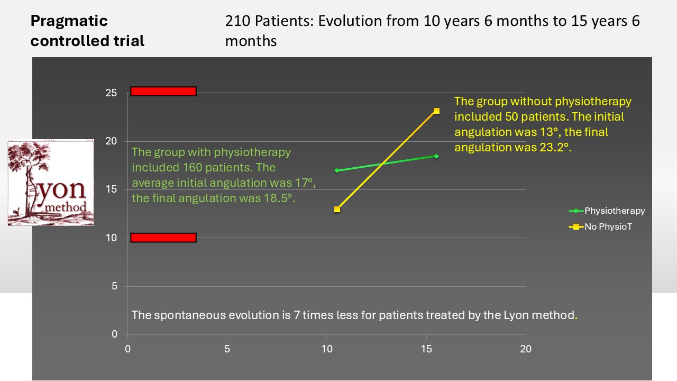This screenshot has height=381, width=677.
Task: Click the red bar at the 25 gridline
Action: pyautogui.click(x=163, y=92)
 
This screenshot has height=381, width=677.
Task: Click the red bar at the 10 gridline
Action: pyautogui.click(x=163, y=238)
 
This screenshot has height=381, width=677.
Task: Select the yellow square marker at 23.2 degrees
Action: pyautogui.click(x=436, y=111)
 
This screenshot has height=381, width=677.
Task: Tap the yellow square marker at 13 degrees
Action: pyautogui.click(x=337, y=209)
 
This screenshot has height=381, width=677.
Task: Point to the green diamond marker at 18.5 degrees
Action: pyautogui.click(x=436, y=156)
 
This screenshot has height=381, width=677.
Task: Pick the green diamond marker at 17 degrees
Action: pyautogui.click(x=337, y=170)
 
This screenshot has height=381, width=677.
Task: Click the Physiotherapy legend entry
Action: pyautogui.click(x=607, y=211)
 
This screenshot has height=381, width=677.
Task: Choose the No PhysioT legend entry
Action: pyautogui.click(x=600, y=226)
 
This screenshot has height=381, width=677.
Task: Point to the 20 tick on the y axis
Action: pyautogui.click(x=111, y=141)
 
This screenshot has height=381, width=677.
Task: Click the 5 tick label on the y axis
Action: pyautogui.click(x=114, y=286)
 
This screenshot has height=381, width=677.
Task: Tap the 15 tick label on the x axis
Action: pyautogui.click(x=426, y=349)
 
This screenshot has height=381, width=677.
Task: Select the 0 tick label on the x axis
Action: pyautogui.click(x=127, y=349)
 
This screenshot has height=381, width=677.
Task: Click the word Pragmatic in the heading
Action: pyautogui.click(x=69, y=21)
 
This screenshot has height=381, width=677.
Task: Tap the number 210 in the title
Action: pyautogui.click(x=237, y=21)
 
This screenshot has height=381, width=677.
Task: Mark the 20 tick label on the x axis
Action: pyautogui.click(x=526, y=349)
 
